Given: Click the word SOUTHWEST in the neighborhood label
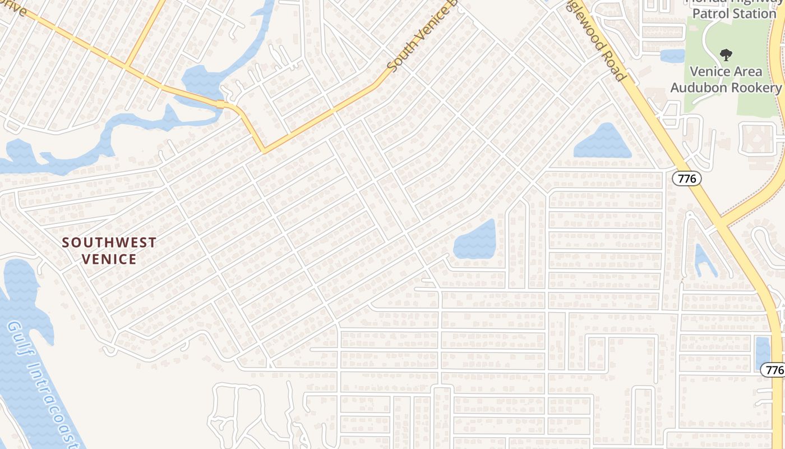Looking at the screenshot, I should click(x=109, y=242).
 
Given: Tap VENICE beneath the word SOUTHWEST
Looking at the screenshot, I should click(x=109, y=259).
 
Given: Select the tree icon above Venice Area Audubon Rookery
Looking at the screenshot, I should click(x=726, y=55).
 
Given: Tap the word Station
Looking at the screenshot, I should click(x=756, y=13).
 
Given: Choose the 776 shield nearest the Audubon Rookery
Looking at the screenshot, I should click(x=686, y=178).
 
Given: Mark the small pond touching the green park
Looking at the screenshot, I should click(x=672, y=56).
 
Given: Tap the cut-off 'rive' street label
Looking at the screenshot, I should click(x=17, y=8).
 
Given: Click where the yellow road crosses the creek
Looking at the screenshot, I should click(x=222, y=104).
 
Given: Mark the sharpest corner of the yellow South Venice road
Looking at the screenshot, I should click(x=263, y=151).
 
